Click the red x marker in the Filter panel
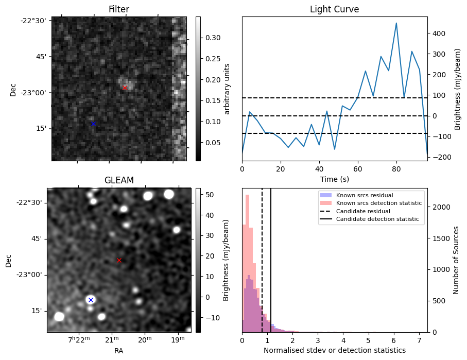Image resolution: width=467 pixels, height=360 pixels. pos(125,88)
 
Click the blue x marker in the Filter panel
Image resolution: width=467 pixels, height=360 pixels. pos(93,124)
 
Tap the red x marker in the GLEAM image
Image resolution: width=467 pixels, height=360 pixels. pos(119,261)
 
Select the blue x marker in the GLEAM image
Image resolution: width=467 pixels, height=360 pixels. pos(91,300)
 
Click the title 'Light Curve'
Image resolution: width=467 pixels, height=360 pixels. pos(334,9)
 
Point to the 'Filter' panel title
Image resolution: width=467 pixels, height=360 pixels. pos(118,9)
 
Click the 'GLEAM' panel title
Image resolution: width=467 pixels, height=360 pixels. pos(119,180)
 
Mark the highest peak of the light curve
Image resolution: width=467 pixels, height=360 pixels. pos(396,23)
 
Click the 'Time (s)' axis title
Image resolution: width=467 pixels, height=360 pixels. pos(334,178)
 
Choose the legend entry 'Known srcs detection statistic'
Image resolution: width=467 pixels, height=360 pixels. pos(378,203)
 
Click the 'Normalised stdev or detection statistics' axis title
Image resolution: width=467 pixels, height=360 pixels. pos(334,350)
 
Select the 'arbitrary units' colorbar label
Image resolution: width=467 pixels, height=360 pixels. pos(227,89)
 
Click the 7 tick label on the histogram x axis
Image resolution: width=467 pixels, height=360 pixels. pos(419,341)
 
